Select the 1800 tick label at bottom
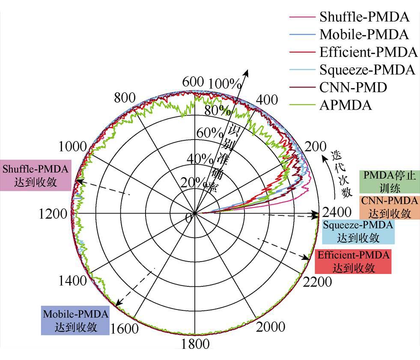click(x=195, y=345)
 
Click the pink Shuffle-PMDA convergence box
click(x=35, y=176)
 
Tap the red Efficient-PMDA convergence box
click(x=354, y=262)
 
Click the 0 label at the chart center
click(x=188, y=218)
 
